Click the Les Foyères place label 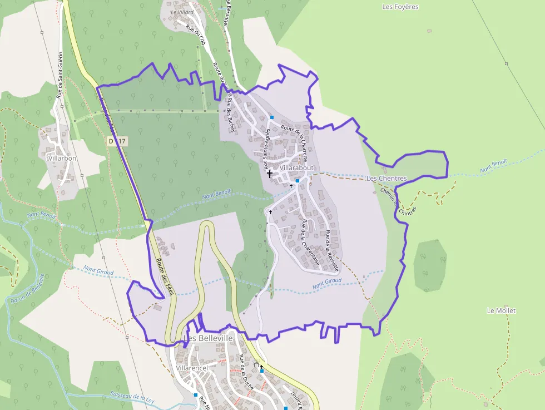(x=400, y=7)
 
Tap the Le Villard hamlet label (x=182, y=12)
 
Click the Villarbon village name (x=62, y=158)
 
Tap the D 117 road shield (x=118, y=141)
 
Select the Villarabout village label (x=297, y=167)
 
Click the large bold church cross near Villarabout (x=270, y=174)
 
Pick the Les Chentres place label (x=387, y=178)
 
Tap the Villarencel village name (x=191, y=368)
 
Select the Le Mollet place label (x=501, y=310)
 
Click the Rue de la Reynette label (x=332, y=251)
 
